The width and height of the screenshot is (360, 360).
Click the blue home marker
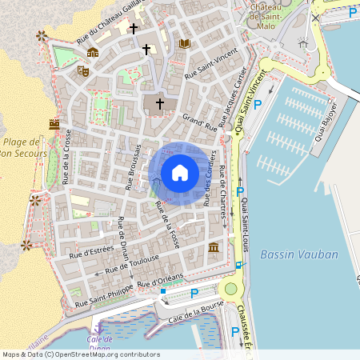(x=180, y=173)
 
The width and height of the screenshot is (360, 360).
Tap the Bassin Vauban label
(x=299, y=254)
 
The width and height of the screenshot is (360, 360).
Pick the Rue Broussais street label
(x=133, y=167)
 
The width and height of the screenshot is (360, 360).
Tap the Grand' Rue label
(x=200, y=122)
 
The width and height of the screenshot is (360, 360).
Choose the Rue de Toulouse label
(x=126, y=266)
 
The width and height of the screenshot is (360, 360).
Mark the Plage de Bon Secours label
(x=21, y=145)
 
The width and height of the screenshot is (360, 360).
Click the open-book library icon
(x=185, y=43)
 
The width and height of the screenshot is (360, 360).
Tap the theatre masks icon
(x=82, y=70)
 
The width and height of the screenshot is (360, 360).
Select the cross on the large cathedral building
(x=159, y=103)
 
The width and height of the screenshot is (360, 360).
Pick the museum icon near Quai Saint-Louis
(x=214, y=249)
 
